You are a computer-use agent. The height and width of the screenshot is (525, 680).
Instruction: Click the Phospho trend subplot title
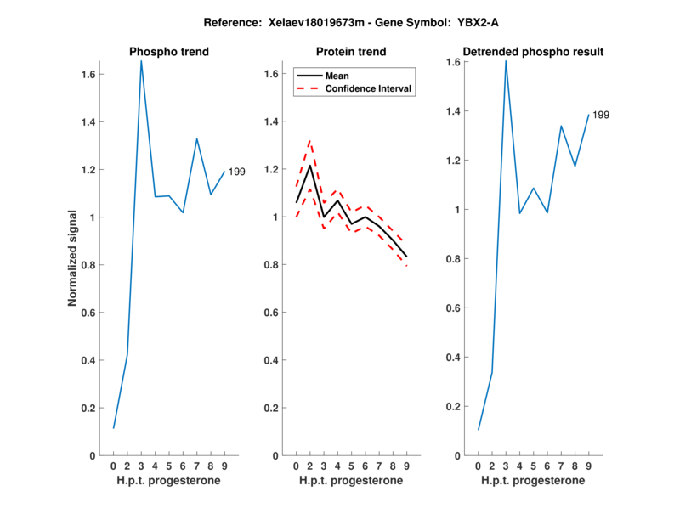(169, 52)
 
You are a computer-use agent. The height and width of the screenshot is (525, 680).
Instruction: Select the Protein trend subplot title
(351, 52)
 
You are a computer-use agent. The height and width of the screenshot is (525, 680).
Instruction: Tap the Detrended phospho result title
(534, 52)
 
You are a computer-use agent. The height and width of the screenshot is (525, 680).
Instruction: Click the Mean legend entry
(337, 76)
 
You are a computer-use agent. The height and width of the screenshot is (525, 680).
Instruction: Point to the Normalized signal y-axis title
(75, 258)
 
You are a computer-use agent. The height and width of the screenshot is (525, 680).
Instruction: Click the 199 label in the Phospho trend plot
(237, 172)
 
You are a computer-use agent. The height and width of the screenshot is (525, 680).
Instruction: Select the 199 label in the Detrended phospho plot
(601, 115)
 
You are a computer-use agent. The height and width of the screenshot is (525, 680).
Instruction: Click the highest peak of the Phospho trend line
(141, 61)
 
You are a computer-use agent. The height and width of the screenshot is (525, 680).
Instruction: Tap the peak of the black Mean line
(309, 165)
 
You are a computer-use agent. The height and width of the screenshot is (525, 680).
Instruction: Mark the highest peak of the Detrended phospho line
(506, 60)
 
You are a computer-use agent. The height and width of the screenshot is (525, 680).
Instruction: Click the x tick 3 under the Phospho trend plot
(141, 466)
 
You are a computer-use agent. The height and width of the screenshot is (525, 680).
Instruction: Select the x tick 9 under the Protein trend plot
(406, 466)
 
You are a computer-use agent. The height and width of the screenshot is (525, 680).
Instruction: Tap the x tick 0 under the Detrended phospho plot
(478, 466)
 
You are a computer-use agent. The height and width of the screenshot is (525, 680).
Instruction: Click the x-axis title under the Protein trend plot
(351, 481)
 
